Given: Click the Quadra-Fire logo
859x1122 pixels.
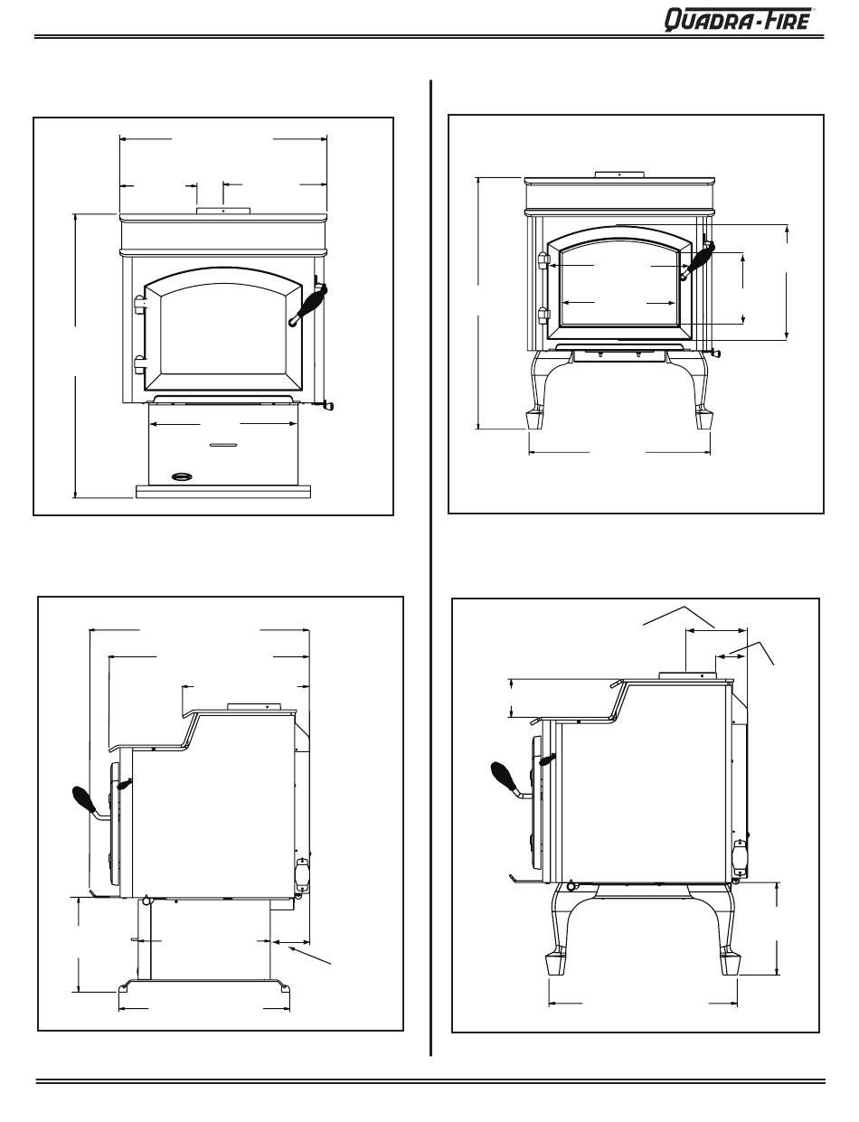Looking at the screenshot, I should tap(740, 19).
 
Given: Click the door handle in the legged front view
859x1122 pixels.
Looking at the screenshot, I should tap(698, 259).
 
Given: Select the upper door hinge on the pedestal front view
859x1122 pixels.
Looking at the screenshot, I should tap(139, 304).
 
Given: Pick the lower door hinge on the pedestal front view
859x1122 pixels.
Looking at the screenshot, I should tap(139, 363).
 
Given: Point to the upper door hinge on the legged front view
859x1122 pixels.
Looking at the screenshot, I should tap(543, 260).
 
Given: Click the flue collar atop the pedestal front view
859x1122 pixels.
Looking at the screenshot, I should tap(222, 212).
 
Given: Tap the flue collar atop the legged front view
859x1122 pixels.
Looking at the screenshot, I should tap(618, 174).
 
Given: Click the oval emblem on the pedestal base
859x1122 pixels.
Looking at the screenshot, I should tap(184, 475).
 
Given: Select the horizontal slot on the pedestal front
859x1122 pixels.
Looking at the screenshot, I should tap(223, 445).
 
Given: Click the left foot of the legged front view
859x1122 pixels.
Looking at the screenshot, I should tap(535, 419).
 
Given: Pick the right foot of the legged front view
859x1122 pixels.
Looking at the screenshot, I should tap(703, 419).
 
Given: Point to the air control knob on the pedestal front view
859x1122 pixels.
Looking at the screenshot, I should tap(327, 406).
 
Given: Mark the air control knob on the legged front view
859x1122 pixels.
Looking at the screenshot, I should tap(716, 353).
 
